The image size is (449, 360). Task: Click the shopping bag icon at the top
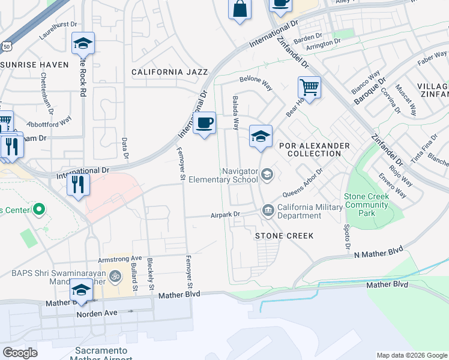coord(239,10)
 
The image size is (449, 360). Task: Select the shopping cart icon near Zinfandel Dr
coord(309,88)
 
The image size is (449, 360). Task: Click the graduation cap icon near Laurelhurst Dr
coord(83,44)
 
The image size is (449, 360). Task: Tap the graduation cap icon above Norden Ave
coord(80,291)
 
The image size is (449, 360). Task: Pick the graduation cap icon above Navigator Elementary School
coord(261,137)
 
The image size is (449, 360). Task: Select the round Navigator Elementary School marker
coord(267,175)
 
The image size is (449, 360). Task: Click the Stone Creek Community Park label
coord(367,205)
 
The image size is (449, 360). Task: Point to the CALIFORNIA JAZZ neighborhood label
coord(170,72)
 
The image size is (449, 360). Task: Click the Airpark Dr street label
coord(225,215)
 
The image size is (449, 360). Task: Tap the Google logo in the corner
coord(20,353)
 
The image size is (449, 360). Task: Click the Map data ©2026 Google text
coord(411,355)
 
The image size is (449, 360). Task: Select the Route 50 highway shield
coord(5,46)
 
